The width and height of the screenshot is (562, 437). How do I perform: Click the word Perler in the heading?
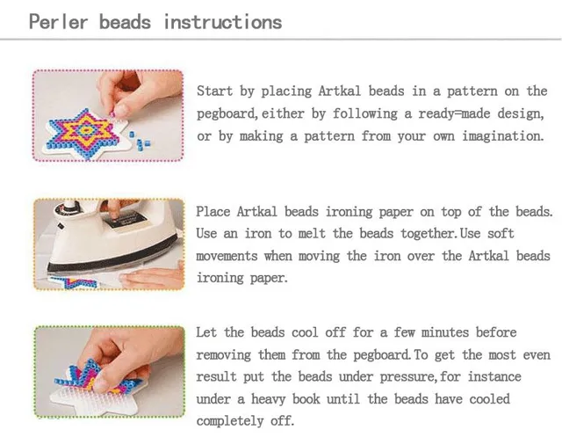tap(58, 21)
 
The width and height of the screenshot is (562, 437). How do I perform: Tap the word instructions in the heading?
tap(223, 21)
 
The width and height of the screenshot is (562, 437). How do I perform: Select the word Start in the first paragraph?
tap(214, 91)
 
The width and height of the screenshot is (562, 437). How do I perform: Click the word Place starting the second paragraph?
tap(214, 212)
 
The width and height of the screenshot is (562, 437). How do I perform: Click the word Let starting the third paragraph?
tap(206, 333)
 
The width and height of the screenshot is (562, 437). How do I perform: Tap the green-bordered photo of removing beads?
tap(107, 375)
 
